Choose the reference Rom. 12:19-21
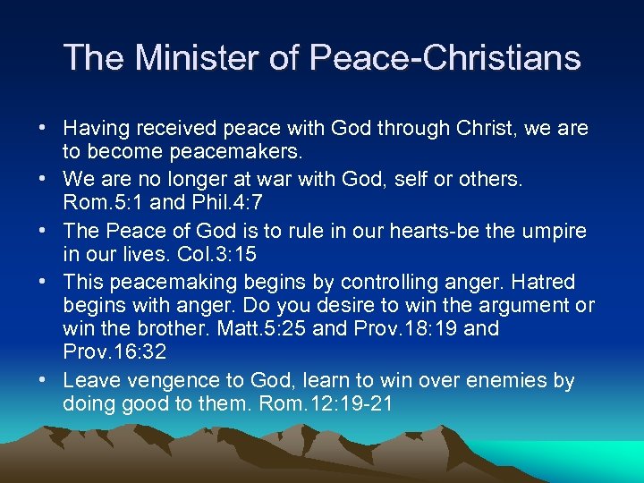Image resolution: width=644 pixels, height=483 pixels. click(x=326, y=403)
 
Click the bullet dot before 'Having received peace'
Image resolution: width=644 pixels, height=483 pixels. click(x=42, y=128)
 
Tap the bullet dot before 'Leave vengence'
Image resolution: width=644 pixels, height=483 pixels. click(x=42, y=380)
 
